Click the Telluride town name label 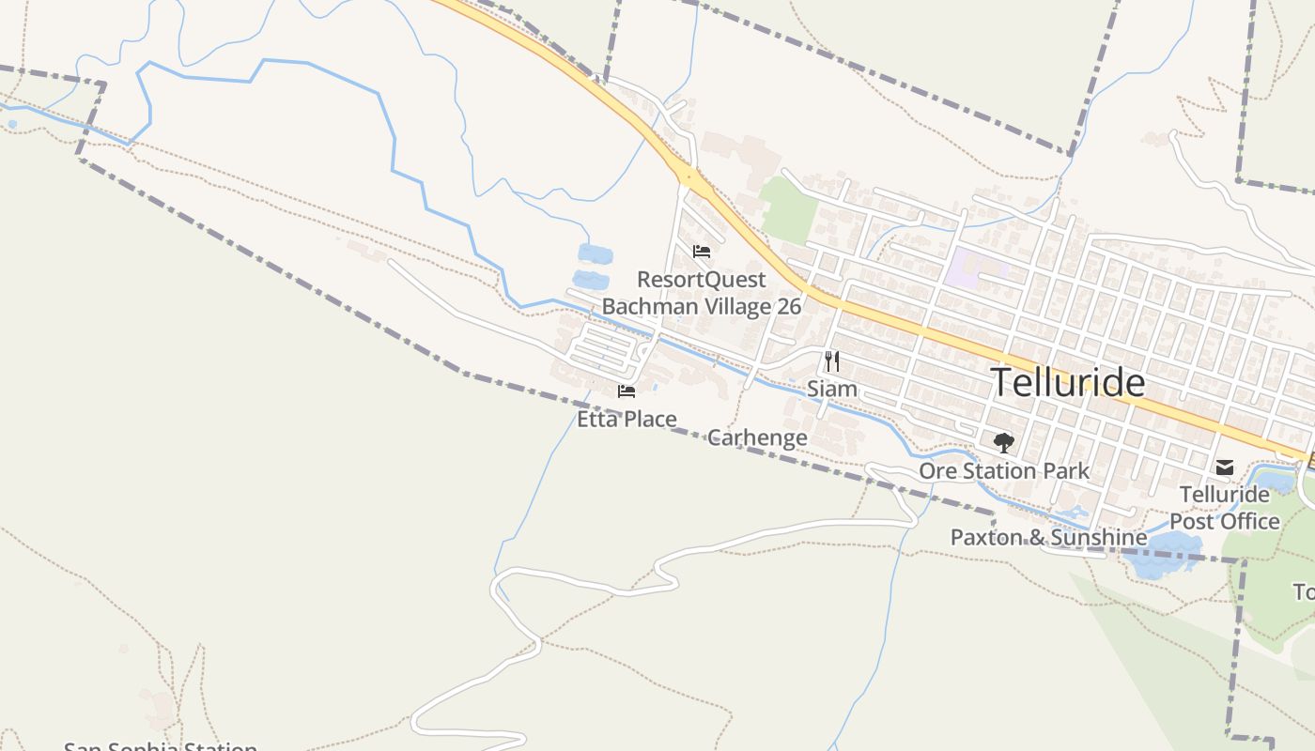click(x=1068, y=383)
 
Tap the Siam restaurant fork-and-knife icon click(x=831, y=360)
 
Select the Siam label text click(x=832, y=389)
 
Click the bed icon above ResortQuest click(x=701, y=252)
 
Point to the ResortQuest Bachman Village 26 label click(x=702, y=293)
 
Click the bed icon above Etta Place click(x=627, y=391)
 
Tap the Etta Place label click(x=627, y=419)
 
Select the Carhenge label click(x=757, y=437)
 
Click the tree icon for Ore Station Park click(x=1003, y=442)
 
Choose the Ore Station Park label click(x=1004, y=470)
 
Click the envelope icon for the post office click(x=1225, y=467)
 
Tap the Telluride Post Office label click(x=1225, y=508)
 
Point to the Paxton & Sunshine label click(x=1048, y=537)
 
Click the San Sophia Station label click(x=160, y=747)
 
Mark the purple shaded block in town click(x=967, y=268)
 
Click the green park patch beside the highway click(x=789, y=207)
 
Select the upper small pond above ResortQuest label click(x=595, y=253)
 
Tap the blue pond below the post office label click(x=1160, y=554)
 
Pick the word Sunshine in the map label click(x=1099, y=537)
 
